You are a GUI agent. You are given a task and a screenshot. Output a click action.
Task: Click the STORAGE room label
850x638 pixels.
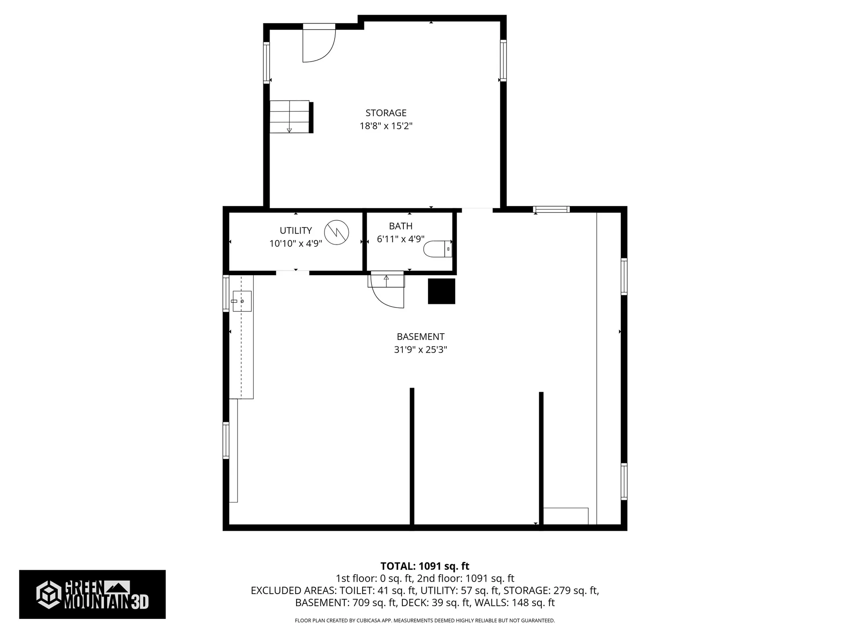[x=386, y=113]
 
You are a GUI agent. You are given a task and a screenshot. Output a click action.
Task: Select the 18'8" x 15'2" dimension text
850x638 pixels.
[x=386, y=126]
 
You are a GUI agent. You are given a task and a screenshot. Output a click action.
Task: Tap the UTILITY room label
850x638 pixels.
[x=295, y=230]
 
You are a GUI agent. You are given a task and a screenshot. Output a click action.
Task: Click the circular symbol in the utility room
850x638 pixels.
[x=336, y=233]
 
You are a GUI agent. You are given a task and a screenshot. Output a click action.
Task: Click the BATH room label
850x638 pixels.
[x=401, y=226]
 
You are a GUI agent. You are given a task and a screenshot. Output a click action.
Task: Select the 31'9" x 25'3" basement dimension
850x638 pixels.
[x=420, y=350]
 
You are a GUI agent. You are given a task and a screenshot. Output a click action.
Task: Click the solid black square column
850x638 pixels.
[x=441, y=291]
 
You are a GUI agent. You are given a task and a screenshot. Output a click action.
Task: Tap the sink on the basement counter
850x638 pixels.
[x=242, y=301]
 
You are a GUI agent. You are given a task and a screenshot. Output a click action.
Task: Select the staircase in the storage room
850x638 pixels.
[x=290, y=117]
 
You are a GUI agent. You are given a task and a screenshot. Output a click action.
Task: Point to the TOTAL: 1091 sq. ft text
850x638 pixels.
[x=425, y=566]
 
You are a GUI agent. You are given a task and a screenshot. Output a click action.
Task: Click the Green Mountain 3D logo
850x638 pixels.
[x=92, y=594]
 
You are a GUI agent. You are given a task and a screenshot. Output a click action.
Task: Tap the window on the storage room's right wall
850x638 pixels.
[x=503, y=61]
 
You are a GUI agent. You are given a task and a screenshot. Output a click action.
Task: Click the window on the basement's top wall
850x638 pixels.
[x=551, y=210]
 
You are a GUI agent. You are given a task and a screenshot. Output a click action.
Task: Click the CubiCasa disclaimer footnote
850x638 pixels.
[x=425, y=621]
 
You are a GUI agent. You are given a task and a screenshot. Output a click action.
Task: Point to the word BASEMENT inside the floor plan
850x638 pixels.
[x=420, y=337]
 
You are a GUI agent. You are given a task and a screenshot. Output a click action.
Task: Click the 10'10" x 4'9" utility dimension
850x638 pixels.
[x=295, y=243]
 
